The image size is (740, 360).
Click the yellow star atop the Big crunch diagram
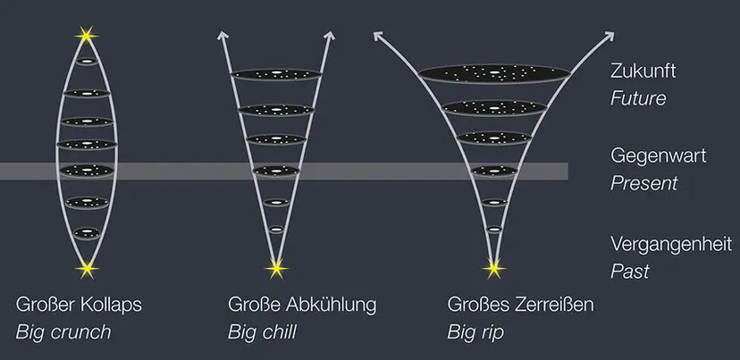pyautogui.click(x=87, y=36)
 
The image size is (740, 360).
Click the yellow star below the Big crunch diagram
pyautogui.click(x=87, y=270)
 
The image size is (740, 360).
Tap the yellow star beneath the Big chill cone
pyautogui.click(x=276, y=269)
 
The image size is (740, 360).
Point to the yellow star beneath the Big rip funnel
pyautogui.click(x=493, y=269)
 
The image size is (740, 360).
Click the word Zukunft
pyautogui.click(x=643, y=71)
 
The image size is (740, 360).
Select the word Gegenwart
pyautogui.click(x=659, y=156)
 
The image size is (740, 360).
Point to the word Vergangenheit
pyautogui.click(x=671, y=245)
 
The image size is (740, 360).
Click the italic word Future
pyautogui.click(x=638, y=98)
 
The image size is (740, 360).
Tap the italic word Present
pyautogui.click(x=643, y=183)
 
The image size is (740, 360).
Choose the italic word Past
pyautogui.click(x=629, y=272)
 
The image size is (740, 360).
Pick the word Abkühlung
pyautogui.click(x=332, y=306)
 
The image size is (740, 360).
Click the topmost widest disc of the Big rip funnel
pyautogui.click(x=493, y=73)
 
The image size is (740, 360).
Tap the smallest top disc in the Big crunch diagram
pyautogui.click(x=87, y=62)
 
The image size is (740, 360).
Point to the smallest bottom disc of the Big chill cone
pyautogui.click(x=276, y=230)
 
